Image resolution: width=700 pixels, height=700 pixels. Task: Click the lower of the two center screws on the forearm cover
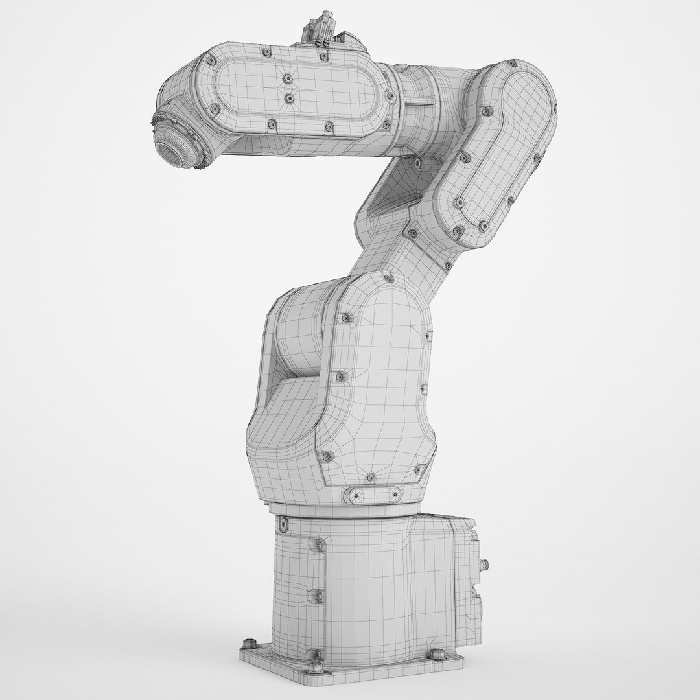tap(289, 99)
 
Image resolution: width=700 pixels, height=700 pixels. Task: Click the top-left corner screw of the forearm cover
tap(211, 60)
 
